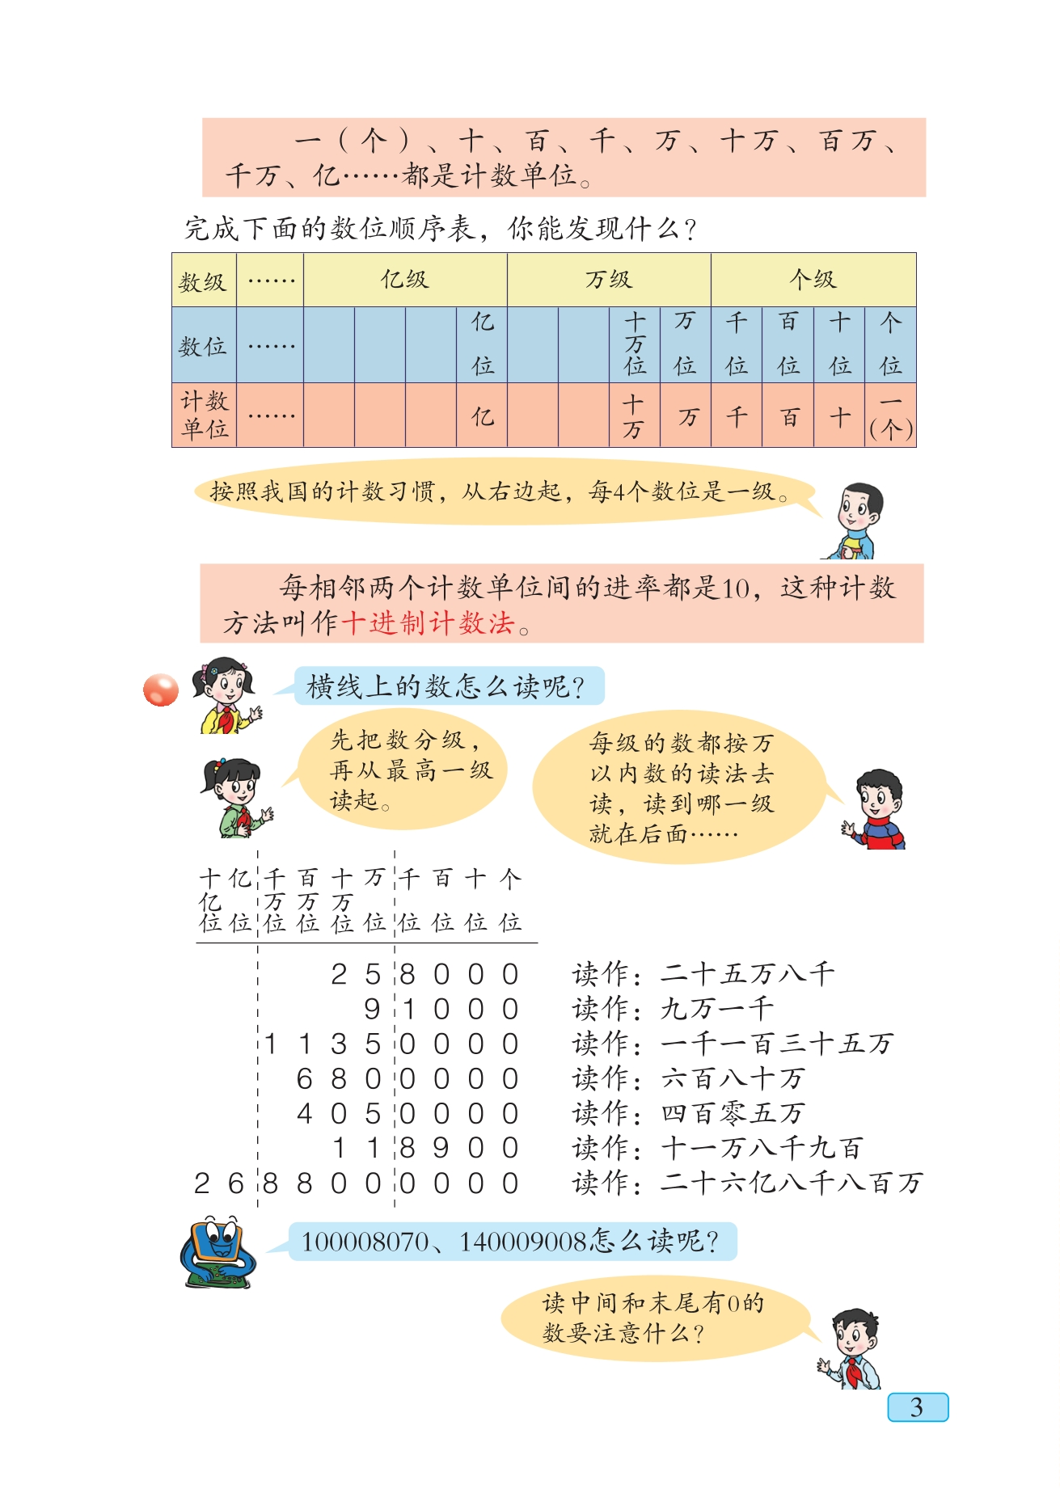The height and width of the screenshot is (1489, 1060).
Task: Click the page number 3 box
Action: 917,1407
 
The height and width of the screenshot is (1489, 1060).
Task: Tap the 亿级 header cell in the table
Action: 405,280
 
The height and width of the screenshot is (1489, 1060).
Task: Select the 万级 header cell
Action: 609,280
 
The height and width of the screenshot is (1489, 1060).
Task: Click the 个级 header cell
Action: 813,280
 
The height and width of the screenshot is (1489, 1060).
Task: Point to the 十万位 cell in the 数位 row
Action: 635,344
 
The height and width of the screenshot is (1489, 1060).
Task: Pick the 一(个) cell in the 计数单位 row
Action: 890,415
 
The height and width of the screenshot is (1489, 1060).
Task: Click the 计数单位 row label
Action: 204,415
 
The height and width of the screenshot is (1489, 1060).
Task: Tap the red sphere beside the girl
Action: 161,690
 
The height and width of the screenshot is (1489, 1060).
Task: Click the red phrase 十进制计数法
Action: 429,623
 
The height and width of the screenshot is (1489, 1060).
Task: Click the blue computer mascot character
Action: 217,1251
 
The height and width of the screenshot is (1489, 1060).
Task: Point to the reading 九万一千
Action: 717,1008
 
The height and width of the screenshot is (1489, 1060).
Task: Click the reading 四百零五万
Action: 733,1113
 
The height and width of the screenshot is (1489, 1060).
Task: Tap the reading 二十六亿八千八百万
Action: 792,1183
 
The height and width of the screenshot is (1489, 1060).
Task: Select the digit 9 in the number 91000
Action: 372,1009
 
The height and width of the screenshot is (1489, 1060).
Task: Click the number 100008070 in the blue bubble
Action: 365,1241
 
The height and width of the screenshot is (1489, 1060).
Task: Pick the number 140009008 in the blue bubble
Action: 524,1241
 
